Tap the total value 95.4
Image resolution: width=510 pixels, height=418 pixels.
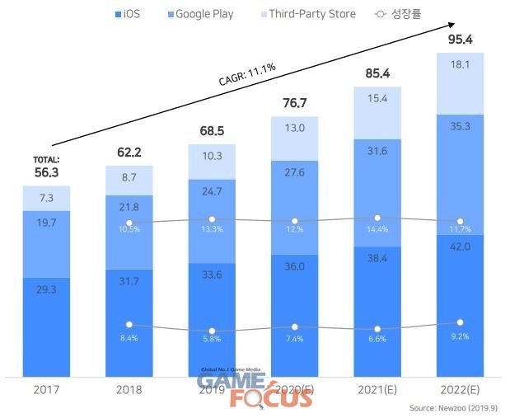[x=460, y=40]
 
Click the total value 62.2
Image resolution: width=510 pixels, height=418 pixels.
[x=129, y=152]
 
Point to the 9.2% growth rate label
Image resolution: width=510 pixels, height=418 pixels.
[x=460, y=336]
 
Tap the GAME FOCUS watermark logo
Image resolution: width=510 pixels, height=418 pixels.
[x=255, y=388]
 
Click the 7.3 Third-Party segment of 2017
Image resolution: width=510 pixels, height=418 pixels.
[x=46, y=200]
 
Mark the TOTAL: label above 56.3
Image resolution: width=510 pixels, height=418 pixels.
[x=46, y=159]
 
